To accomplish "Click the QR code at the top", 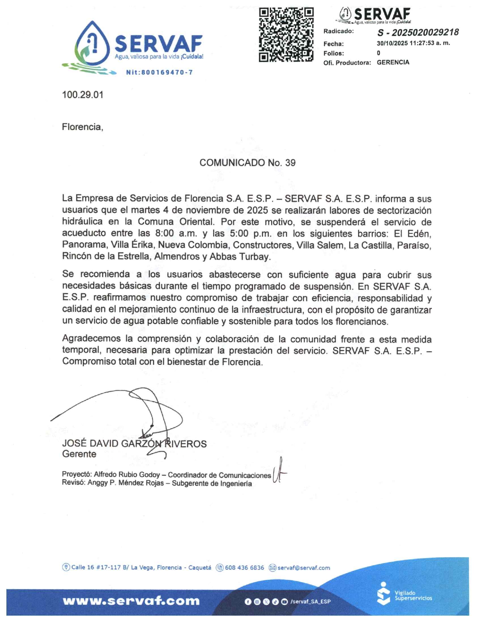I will tap(286, 34).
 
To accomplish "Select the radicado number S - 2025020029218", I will tap(418, 32).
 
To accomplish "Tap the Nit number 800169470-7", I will tap(159, 72).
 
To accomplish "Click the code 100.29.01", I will tap(83, 95).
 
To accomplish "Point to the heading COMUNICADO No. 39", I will tap(247, 163).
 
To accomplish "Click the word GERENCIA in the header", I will tap(393, 62).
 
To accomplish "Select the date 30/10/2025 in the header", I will tap(392, 43).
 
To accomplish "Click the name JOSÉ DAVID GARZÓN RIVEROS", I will tap(134, 443).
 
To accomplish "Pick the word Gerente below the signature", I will tap(79, 454).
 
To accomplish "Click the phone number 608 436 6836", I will tap(244, 568).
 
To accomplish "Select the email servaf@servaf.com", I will tap(303, 568).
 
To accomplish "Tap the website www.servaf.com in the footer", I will tap(131, 601).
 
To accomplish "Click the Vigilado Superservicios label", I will tap(413, 595).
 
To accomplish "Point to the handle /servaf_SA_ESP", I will tap(310, 601).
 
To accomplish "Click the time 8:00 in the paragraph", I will tap(164, 233).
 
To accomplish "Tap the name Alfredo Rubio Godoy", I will tap(127, 474).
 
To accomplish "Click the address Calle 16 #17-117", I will tap(96, 568).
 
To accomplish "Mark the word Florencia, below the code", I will tap(82, 127).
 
